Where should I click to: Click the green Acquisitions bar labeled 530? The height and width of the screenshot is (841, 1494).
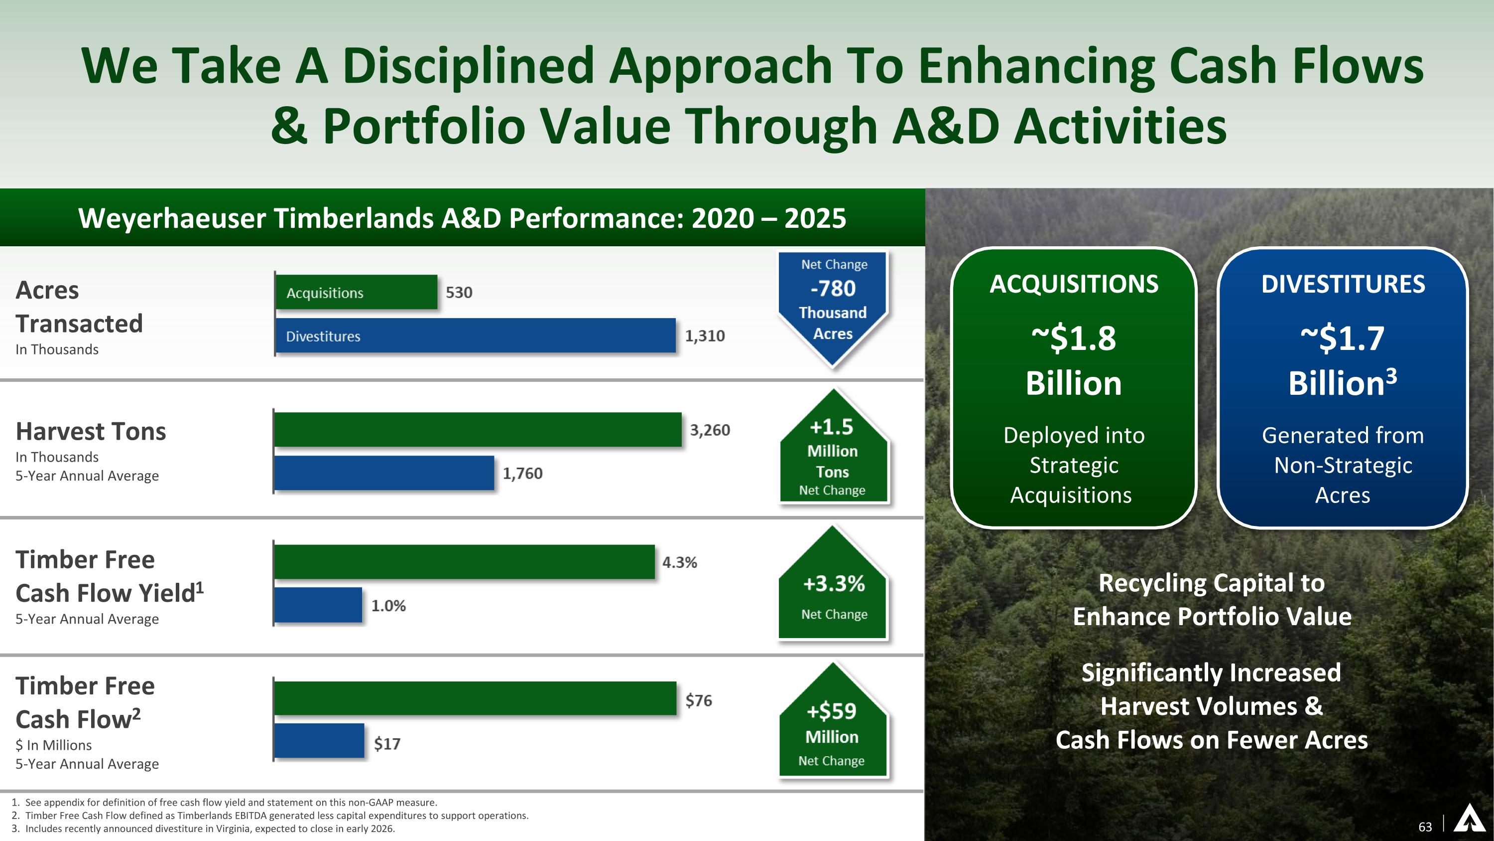tap(356, 292)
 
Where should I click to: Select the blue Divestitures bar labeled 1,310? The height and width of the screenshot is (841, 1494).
tap(475, 336)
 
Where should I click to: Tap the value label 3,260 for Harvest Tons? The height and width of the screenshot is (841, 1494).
tap(709, 430)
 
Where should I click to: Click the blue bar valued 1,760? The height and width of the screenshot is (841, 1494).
tap(383, 473)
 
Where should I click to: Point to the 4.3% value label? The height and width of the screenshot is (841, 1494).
tap(679, 562)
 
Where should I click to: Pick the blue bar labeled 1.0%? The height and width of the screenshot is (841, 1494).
tap(318, 605)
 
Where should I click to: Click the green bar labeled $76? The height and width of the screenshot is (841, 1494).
tap(475, 698)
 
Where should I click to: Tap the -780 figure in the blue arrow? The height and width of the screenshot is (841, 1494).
tap(833, 289)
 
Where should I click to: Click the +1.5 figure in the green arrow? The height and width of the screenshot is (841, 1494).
tap(832, 427)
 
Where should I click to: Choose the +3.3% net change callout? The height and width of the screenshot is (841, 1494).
tap(834, 584)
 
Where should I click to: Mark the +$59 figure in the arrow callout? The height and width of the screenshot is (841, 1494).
tap(832, 711)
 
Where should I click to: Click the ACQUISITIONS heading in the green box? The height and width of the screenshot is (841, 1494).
tap(1074, 284)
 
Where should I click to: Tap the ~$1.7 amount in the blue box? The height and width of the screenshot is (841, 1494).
tap(1342, 338)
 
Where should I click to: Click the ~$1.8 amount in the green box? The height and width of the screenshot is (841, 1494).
tap(1074, 338)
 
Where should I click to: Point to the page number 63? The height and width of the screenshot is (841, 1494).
tap(1425, 827)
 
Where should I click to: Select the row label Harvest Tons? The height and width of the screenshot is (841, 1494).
tap(91, 432)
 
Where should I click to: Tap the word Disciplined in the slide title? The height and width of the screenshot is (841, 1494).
tap(468, 66)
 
